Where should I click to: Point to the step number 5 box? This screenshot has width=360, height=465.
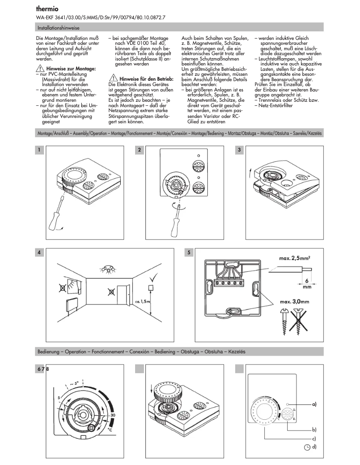click(190, 252)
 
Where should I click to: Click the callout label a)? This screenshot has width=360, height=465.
click(315, 404)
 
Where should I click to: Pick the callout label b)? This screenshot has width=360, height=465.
click(315, 429)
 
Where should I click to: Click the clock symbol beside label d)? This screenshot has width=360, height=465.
click(307, 447)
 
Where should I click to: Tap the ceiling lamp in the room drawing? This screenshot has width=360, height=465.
click(107, 269)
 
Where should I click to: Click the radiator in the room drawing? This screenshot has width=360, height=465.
click(66, 305)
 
